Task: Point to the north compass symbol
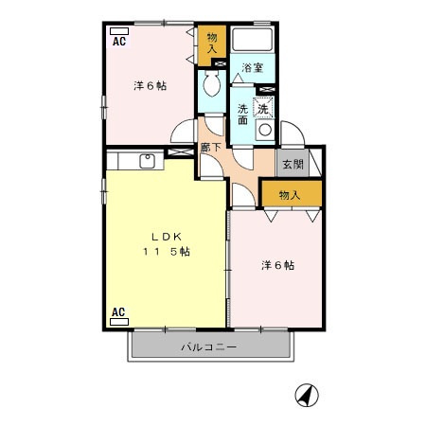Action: click(306, 394)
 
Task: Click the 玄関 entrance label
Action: click(291, 164)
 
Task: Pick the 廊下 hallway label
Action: click(210, 147)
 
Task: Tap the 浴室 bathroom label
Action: click(252, 67)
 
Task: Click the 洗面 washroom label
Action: click(242, 114)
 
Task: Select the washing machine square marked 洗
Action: click(264, 108)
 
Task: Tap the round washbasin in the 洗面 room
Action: click(265, 130)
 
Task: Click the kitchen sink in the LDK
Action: click(148, 160)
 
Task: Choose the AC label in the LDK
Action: click(119, 311)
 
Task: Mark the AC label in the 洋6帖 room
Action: click(119, 41)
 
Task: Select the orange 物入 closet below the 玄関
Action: click(290, 195)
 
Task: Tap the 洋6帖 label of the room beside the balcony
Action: click(278, 266)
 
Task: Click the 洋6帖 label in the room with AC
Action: click(150, 86)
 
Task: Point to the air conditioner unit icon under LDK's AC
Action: click(119, 322)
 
